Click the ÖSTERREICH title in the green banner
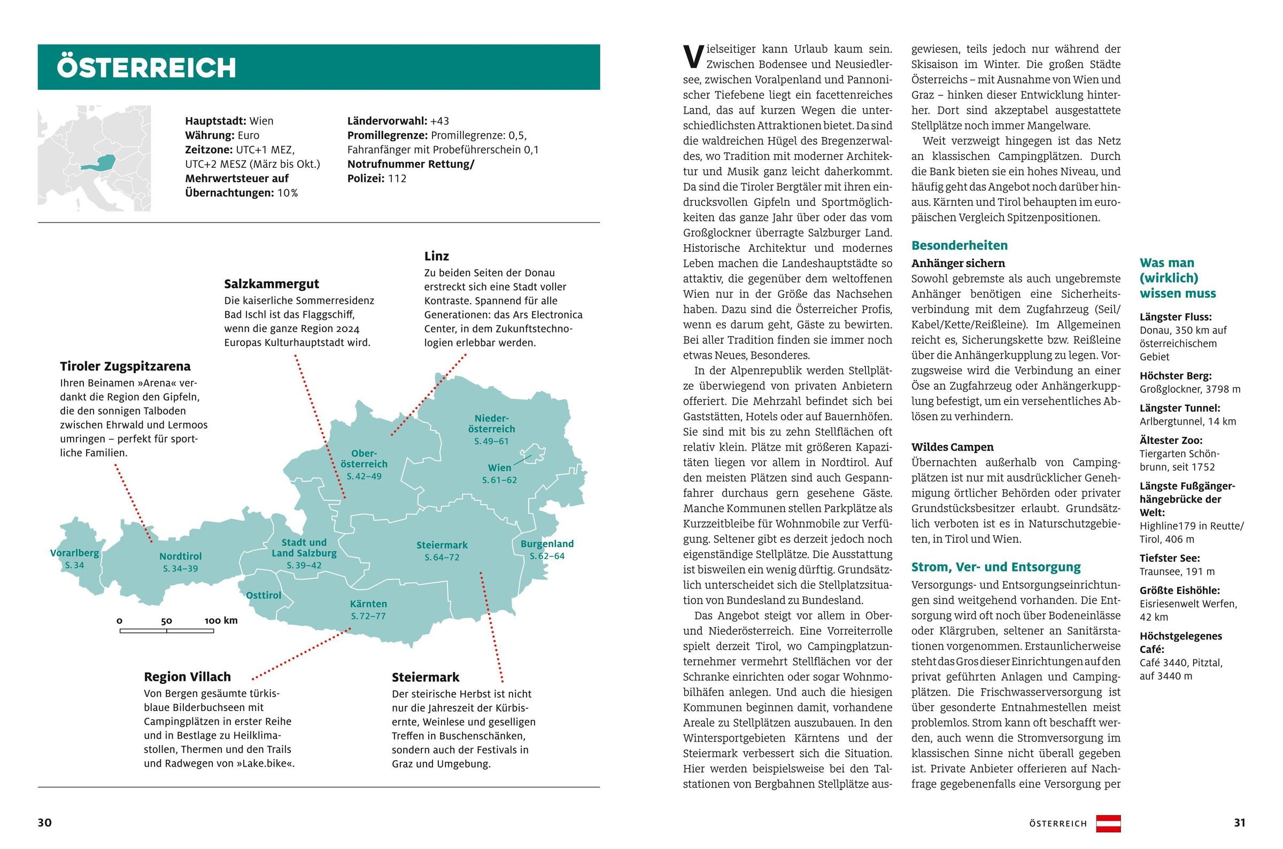[146, 68]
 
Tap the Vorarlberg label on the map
[75, 553]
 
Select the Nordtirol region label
[180, 557]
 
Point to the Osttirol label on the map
[264, 596]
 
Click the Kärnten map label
[368, 604]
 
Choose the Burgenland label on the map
[547, 544]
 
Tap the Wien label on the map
[499, 468]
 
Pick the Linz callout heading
[436, 256]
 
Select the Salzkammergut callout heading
[271, 284]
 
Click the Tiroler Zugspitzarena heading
[125, 367]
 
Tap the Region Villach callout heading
[187, 677]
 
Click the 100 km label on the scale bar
[221, 621]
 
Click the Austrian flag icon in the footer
[1108, 823]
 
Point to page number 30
[44, 823]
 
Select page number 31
[1239, 823]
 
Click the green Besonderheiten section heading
[959, 246]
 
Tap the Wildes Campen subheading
[952, 447]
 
